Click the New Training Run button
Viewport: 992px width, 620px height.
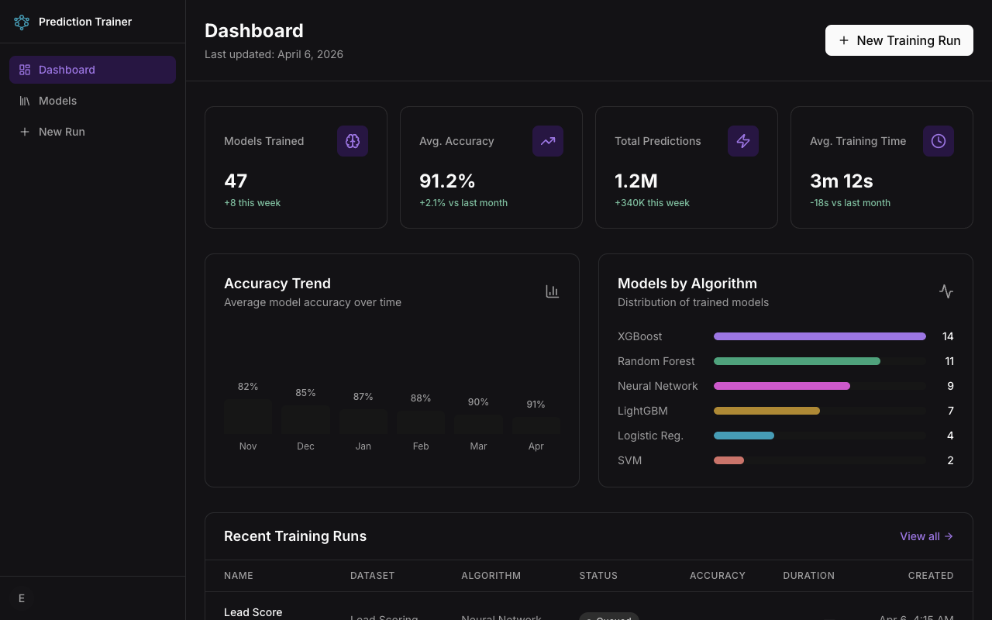tap(899, 40)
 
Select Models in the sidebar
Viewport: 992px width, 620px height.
tap(57, 101)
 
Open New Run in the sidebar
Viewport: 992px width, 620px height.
tap(61, 132)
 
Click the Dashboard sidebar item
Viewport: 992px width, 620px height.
tap(67, 70)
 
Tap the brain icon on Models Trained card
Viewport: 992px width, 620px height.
tap(353, 141)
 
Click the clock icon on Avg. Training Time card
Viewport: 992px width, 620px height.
tap(939, 141)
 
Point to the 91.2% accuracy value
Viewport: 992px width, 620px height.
tap(447, 181)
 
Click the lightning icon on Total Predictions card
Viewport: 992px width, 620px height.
tap(743, 141)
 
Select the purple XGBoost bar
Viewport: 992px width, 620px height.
tap(819, 336)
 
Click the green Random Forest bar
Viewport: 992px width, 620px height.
tap(797, 361)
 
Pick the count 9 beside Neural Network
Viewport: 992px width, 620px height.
tap(950, 386)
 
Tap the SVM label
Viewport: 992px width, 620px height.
tap(629, 460)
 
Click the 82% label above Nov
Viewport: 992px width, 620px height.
tap(248, 387)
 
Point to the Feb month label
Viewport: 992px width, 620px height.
tap(421, 446)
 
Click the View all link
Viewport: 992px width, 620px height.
tap(926, 536)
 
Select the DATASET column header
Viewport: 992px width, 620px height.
tap(372, 576)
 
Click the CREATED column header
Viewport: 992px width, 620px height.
tap(930, 576)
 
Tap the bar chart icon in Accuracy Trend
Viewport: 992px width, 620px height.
tap(552, 291)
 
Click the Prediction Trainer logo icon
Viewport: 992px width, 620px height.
tap(22, 22)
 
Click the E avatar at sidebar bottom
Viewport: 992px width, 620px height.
tap(22, 598)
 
